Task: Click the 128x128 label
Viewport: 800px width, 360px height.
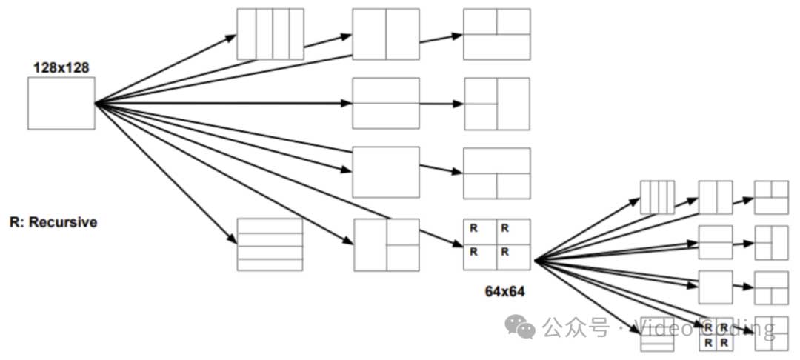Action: tap(61, 67)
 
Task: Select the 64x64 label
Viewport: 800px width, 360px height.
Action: tap(504, 291)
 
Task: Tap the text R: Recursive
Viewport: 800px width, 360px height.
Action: tap(53, 221)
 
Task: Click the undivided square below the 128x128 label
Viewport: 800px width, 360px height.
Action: tap(61, 103)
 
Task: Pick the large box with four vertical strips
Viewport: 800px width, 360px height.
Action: tap(270, 34)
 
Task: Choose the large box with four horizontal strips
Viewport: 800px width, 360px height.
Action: tap(270, 244)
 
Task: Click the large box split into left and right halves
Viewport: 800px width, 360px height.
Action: tap(385, 34)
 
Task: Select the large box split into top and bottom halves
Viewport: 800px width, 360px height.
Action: tap(385, 103)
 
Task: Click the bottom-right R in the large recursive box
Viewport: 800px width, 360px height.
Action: tap(505, 252)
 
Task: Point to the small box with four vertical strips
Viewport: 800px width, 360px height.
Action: tap(657, 197)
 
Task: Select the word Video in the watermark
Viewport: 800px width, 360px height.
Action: tap(656, 327)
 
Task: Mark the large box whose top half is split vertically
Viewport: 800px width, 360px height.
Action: tap(496, 34)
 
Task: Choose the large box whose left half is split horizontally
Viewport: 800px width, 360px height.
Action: tap(496, 103)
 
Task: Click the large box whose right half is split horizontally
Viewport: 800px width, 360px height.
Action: tap(386, 244)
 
